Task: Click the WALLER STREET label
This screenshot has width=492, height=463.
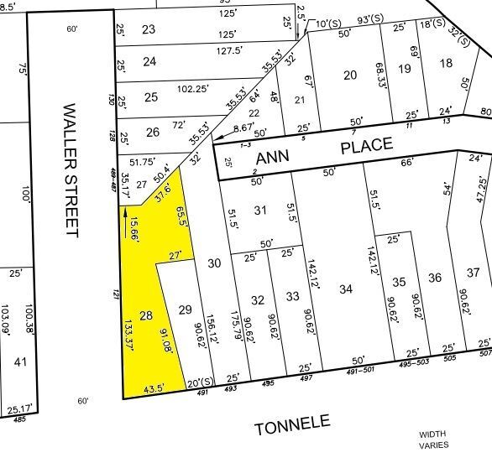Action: tap(71, 170)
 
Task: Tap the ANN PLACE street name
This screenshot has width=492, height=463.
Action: tap(323, 152)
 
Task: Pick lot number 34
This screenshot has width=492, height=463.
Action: tap(346, 290)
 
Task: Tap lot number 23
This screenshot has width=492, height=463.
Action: tap(149, 29)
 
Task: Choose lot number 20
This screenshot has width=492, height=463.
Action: tap(351, 75)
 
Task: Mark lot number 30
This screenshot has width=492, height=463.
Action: tap(214, 263)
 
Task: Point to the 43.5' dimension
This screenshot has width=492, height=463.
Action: tap(153, 389)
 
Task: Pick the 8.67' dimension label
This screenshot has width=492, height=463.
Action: tap(243, 127)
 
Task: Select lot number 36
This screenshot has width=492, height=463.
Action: tap(435, 278)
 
